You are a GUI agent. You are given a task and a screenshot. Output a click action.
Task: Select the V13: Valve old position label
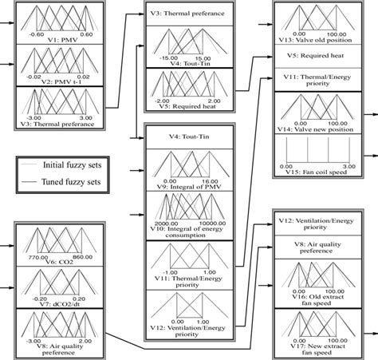click(x=319, y=41)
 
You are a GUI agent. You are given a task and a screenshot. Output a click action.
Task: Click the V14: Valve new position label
click(x=319, y=130)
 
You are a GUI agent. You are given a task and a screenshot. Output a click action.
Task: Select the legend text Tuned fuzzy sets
click(x=83, y=180)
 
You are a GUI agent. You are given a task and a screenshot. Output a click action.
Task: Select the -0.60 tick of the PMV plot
click(x=37, y=34)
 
